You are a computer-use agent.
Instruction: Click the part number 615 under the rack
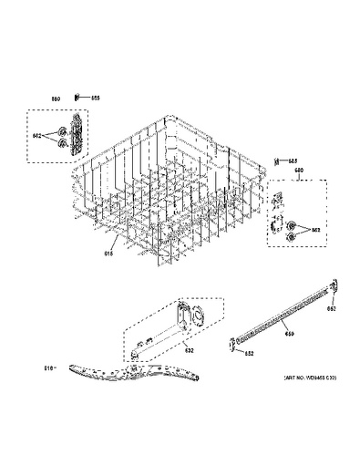108,254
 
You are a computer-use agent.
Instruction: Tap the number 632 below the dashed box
190,350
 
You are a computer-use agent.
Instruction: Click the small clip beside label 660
81,98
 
